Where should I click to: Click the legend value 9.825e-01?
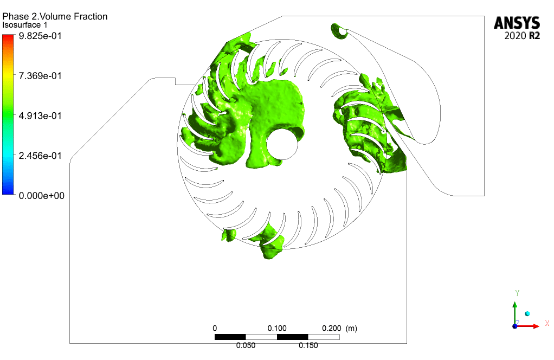pos(40,36)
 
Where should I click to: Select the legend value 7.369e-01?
pos(40,76)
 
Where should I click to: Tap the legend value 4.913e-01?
pos(40,116)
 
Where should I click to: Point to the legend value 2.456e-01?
pos(40,156)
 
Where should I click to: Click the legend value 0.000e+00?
pos(41,196)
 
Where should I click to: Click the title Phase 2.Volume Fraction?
pos(55,16)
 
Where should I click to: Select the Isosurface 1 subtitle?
pos(25,25)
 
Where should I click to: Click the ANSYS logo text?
pos(517,23)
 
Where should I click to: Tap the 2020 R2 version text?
pos(522,36)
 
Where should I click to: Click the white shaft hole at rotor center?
pos(282,144)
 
